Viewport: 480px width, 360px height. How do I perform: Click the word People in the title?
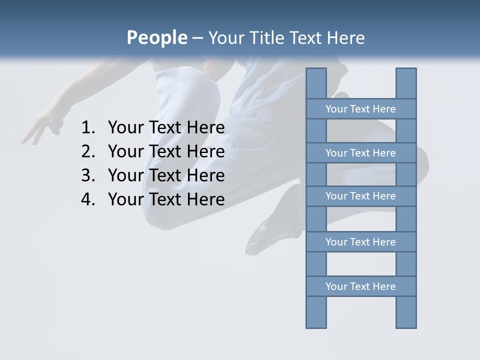pyautogui.click(x=156, y=37)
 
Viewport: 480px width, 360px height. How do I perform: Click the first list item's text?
pyautogui.click(x=166, y=128)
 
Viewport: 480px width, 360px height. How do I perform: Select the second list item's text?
pyautogui.click(x=166, y=152)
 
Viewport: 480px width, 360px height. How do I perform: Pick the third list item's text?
pyautogui.click(x=166, y=176)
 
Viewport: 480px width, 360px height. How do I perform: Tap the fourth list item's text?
pyautogui.click(x=166, y=200)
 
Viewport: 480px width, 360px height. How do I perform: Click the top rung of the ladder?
pyautogui.click(x=360, y=109)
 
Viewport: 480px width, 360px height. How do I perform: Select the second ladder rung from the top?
pyautogui.click(x=360, y=153)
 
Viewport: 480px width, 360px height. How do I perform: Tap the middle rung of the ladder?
pyautogui.click(x=360, y=196)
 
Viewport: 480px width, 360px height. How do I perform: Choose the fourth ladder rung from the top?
pyautogui.click(x=360, y=242)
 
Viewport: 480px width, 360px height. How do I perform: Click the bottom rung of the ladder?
pyautogui.click(x=360, y=286)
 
